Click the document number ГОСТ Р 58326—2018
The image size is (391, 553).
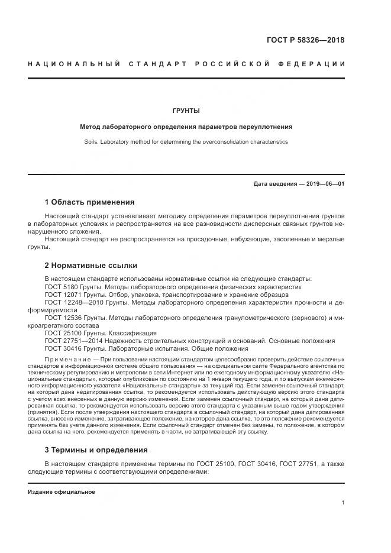tap(306, 41)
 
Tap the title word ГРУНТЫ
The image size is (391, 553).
tap(186, 111)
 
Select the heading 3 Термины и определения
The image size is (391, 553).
tap(96, 449)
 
